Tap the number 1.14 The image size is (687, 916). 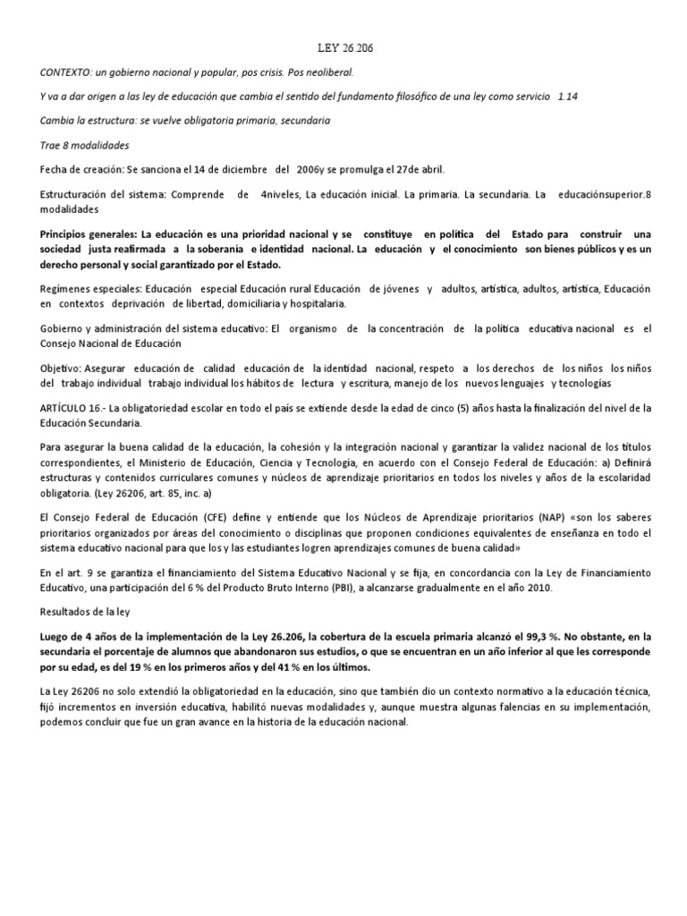(567, 97)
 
